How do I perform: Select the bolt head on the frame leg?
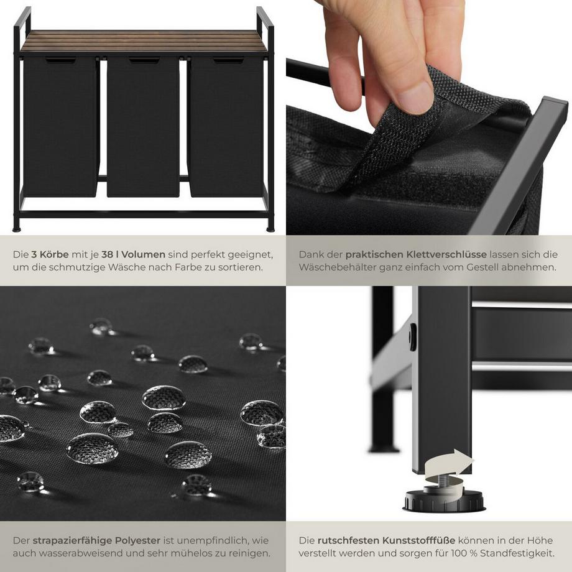pyautogui.click(x=413, y=336)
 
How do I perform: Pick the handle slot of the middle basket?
pyautogui.click(x=144, y=60)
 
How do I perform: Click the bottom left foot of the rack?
pyautogui.click(x=17, y=228)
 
